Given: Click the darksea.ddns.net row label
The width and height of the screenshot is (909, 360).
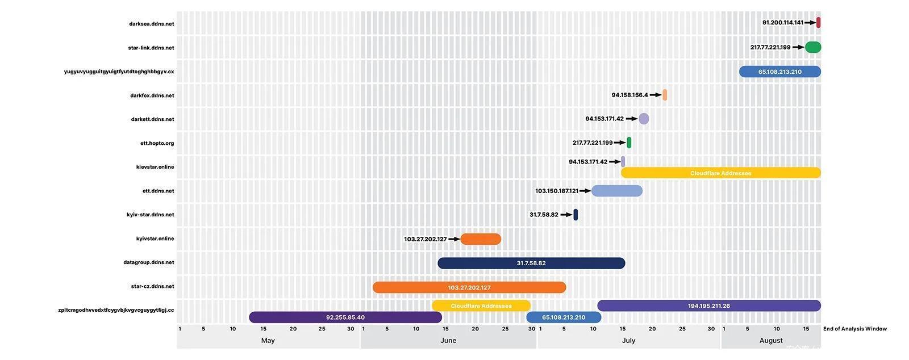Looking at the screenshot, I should [x=151, y=24].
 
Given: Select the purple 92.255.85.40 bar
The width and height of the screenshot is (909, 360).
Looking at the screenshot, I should [x=345, y=317].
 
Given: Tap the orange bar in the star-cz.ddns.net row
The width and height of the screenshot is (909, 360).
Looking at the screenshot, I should [x=469, y=287].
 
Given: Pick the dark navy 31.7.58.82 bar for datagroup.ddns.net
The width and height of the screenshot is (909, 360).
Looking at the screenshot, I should [x=531, y=263].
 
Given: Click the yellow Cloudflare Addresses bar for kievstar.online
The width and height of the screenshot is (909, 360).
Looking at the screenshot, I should [x=720, y=173].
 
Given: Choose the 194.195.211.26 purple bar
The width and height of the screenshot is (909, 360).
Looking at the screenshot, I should [x=708, y=305].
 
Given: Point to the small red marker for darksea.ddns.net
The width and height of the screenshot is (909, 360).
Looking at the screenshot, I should [x=818, y=23].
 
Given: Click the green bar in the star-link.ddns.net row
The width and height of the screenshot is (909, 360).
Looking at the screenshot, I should [x=813, y=47].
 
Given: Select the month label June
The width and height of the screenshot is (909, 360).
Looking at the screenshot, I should [x=448, y=341].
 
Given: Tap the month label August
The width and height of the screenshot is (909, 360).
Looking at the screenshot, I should [x=771, y=341].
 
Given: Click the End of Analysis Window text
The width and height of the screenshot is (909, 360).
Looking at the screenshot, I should [x=854, y=329].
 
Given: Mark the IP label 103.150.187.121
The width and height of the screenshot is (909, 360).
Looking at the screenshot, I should [x=556, y=191].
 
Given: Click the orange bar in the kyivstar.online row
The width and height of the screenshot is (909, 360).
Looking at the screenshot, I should [x=481, y=239].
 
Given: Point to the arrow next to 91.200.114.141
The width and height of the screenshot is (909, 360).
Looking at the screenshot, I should [x=810, y=23].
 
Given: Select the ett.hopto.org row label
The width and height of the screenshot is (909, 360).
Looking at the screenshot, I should [x=157, y=143].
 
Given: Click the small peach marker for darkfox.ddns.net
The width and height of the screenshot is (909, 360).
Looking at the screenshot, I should [x=665, y=95].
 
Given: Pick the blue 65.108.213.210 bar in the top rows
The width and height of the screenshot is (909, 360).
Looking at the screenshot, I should [x=779, y=72].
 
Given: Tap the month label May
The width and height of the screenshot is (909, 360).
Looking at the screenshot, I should [x=268, y=341].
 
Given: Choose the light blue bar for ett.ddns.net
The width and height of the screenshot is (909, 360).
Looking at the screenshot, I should [x=616, y=191].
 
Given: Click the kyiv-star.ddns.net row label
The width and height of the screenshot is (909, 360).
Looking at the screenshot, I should [x=150, y=215].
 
